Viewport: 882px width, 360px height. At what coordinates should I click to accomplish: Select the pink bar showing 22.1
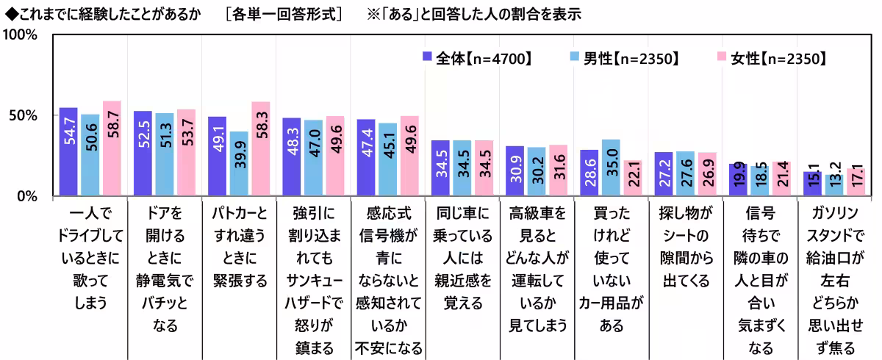pyautogui.click(x=633, y=179)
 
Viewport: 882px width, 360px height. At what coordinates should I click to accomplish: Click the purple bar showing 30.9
pyautogui.click(x=514, y=171)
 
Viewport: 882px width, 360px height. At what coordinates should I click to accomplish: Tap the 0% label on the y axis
pyautogui.click(x=29, y=196)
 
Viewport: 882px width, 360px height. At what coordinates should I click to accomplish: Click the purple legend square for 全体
pyautogui.click(x=427, y=58)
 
